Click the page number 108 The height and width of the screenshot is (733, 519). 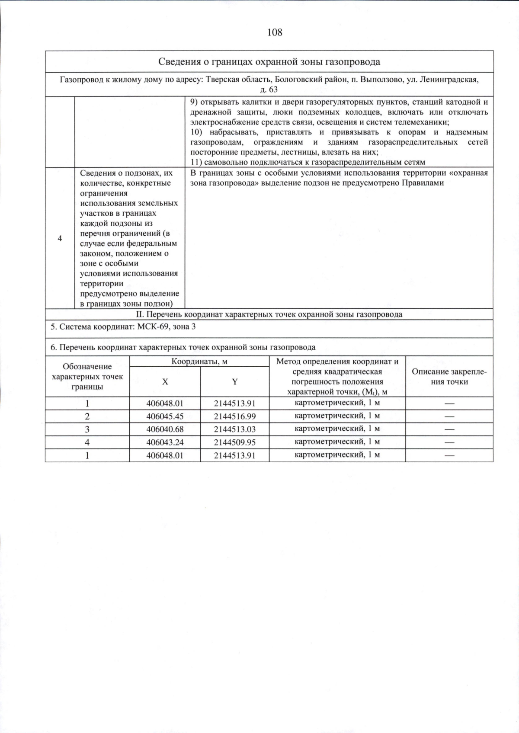[275, 32]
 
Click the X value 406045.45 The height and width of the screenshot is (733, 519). [165, 416]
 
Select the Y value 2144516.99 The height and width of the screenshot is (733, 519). [234, 416]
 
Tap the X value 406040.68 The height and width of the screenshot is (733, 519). [165, 429]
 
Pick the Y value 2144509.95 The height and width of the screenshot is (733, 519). [234, 442]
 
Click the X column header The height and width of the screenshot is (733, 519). [165, 382]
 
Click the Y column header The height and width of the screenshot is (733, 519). [234, 382]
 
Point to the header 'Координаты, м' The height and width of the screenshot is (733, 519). [199, 362]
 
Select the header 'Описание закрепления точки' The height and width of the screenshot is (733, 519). [449, 377]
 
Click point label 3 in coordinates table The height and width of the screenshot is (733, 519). [87, 429]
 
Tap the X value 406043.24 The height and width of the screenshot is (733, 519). [165, 442]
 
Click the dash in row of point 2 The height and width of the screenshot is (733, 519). [449, 416]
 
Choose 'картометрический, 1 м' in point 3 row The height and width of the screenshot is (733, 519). [337, 429]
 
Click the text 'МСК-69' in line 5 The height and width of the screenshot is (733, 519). [153, 326]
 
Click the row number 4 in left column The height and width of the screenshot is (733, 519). [60, 239]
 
